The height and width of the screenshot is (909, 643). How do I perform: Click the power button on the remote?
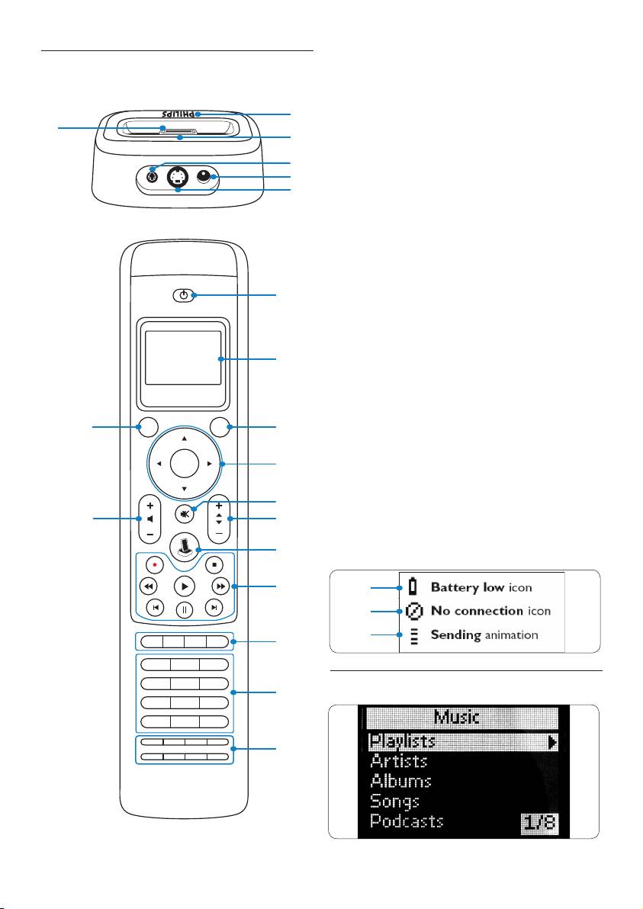(185, 294)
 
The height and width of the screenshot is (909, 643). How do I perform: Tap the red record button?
(155, 565)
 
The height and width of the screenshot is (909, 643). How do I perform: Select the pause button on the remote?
(185, 609)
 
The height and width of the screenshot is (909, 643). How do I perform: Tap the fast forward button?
(220, 586)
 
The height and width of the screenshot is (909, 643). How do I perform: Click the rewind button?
(149, 586)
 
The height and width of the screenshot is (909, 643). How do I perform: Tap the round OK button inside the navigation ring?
(185, 463)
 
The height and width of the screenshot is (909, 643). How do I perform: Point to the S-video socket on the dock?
(178, 176)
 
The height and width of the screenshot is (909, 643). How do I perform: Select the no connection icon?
(414, 611)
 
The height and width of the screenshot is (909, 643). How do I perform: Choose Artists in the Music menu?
(398, 760)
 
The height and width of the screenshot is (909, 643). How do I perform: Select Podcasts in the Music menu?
(407, 821)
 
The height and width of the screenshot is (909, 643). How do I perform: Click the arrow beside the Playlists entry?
(552, 740)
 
